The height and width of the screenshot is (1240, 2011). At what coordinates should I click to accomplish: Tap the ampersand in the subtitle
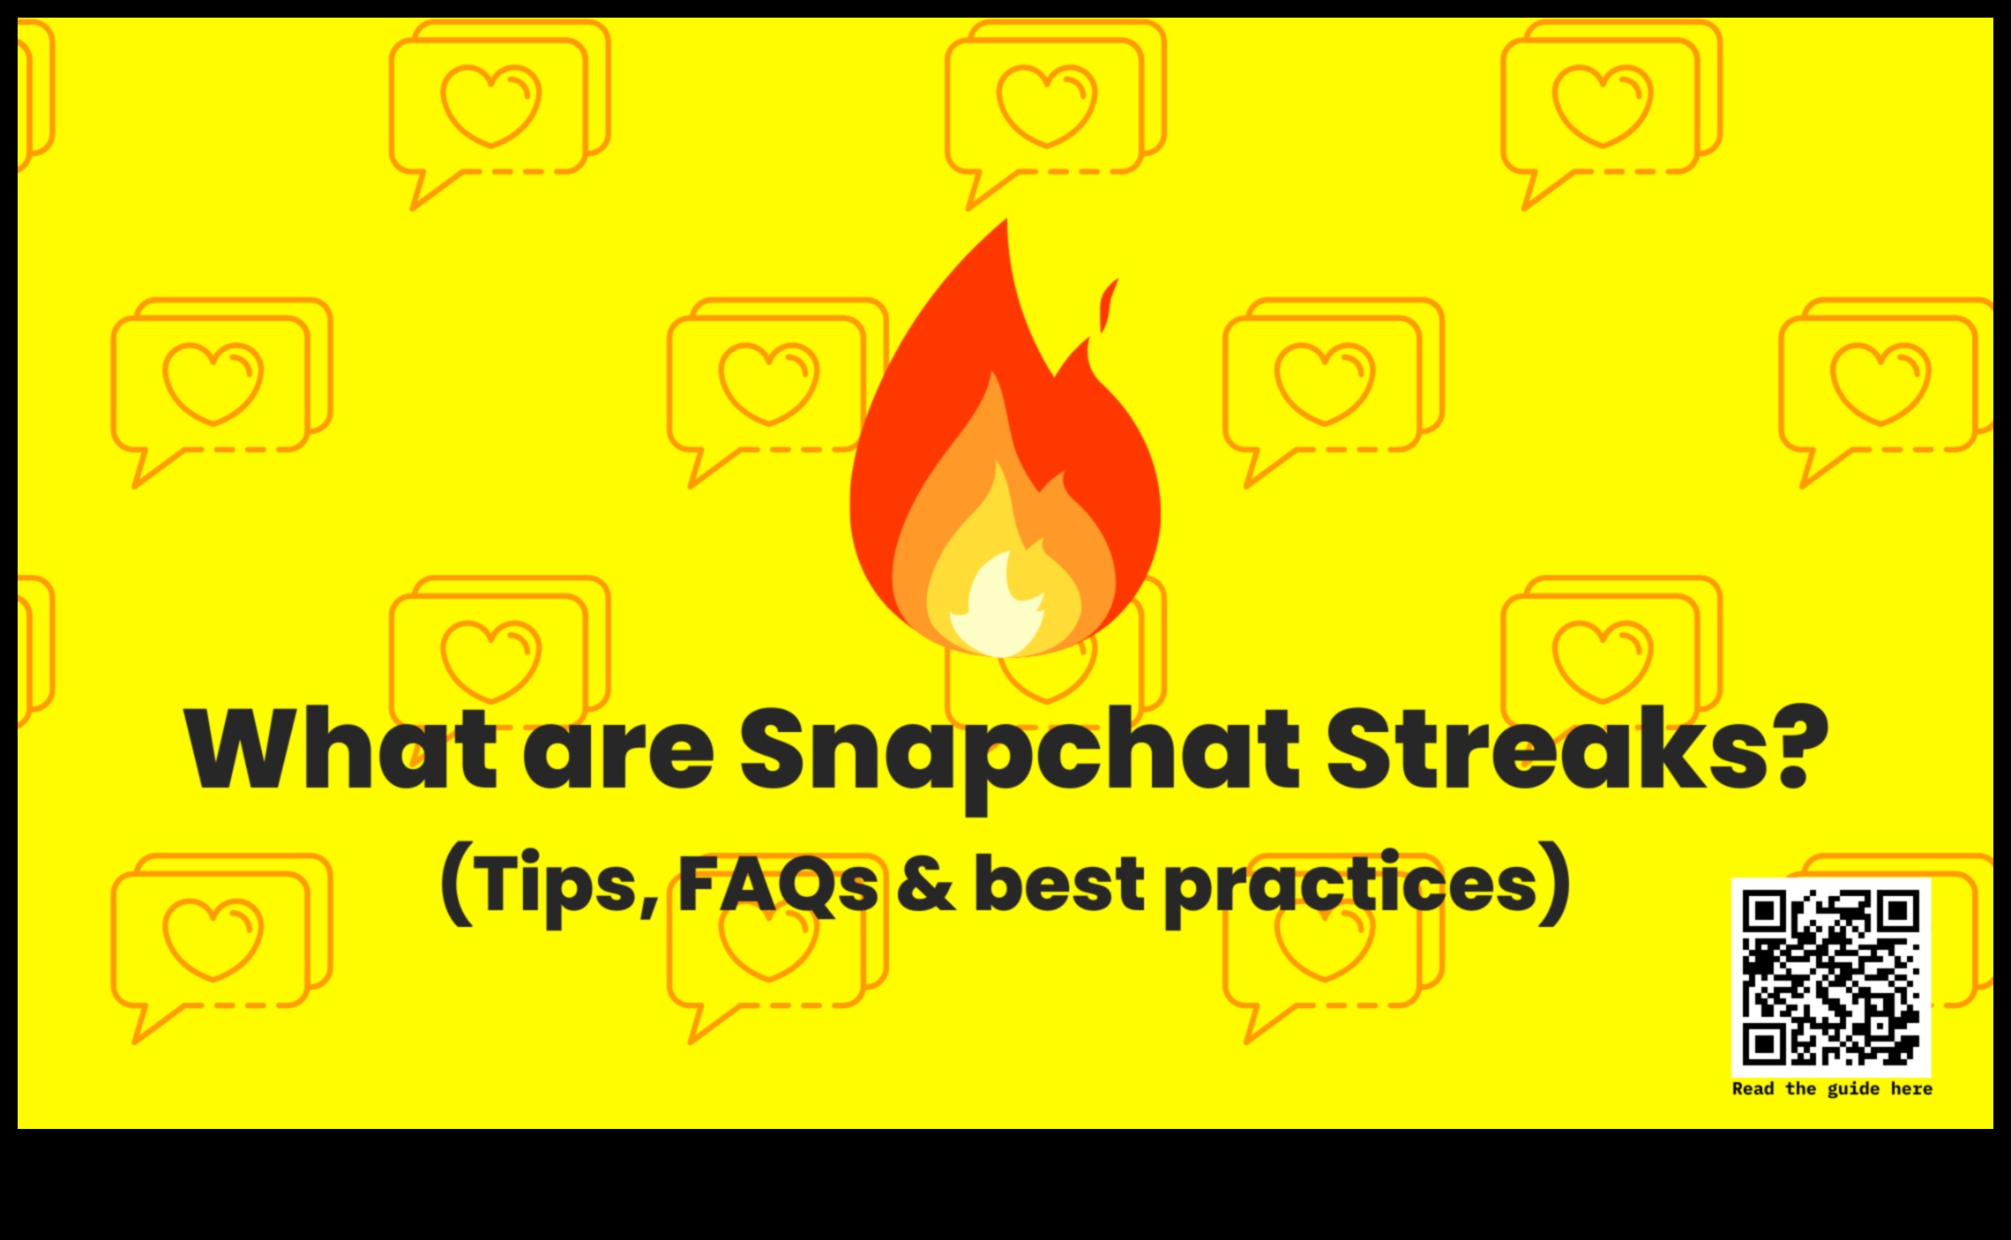click(926, 885)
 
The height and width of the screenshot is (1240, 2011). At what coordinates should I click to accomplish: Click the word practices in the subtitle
click(1349, 885)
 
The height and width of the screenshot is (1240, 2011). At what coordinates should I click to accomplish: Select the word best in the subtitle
click(1058, 885)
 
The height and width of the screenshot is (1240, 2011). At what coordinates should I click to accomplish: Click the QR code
click(1831, 977)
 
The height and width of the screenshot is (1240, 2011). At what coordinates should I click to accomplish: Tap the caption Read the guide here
click(1831, 1089)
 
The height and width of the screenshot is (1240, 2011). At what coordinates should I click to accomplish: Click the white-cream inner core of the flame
click(997, 609)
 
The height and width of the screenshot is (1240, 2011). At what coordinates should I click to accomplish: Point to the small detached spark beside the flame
click(1107, 304)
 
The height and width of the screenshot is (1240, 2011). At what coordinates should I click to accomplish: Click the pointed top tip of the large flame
click(1005, 225)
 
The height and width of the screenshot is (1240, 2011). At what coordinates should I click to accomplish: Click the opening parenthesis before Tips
click(456, 885)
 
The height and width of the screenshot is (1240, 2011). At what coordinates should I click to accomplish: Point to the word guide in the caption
click(1853, 1089)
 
